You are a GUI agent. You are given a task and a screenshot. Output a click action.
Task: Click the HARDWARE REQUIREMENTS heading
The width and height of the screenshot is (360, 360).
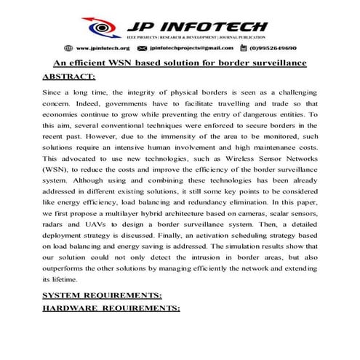pyautogui.click(x=111, y=309)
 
